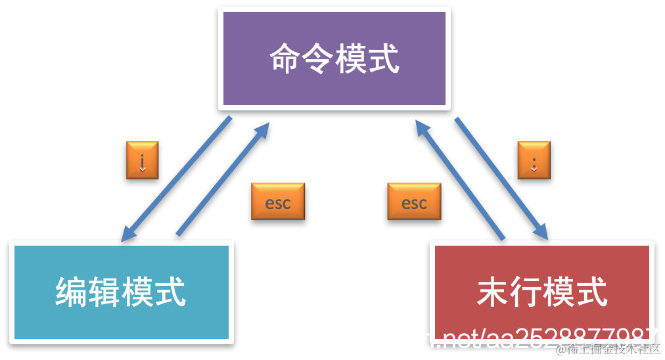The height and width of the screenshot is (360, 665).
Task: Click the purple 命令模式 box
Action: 334,58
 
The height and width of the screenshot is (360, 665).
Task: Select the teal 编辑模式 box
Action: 122,292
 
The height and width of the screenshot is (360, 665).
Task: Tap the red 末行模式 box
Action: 541,292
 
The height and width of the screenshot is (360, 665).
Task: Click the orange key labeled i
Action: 142,160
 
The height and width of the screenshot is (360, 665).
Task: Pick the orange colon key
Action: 534,160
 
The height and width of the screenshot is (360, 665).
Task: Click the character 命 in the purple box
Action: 285,58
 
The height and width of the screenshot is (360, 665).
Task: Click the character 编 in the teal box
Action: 72,292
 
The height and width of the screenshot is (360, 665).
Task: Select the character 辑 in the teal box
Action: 104,292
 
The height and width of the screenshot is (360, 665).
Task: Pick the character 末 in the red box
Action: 493,292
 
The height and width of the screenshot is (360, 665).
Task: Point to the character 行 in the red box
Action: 526,292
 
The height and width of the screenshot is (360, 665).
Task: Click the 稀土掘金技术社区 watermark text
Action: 608,349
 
